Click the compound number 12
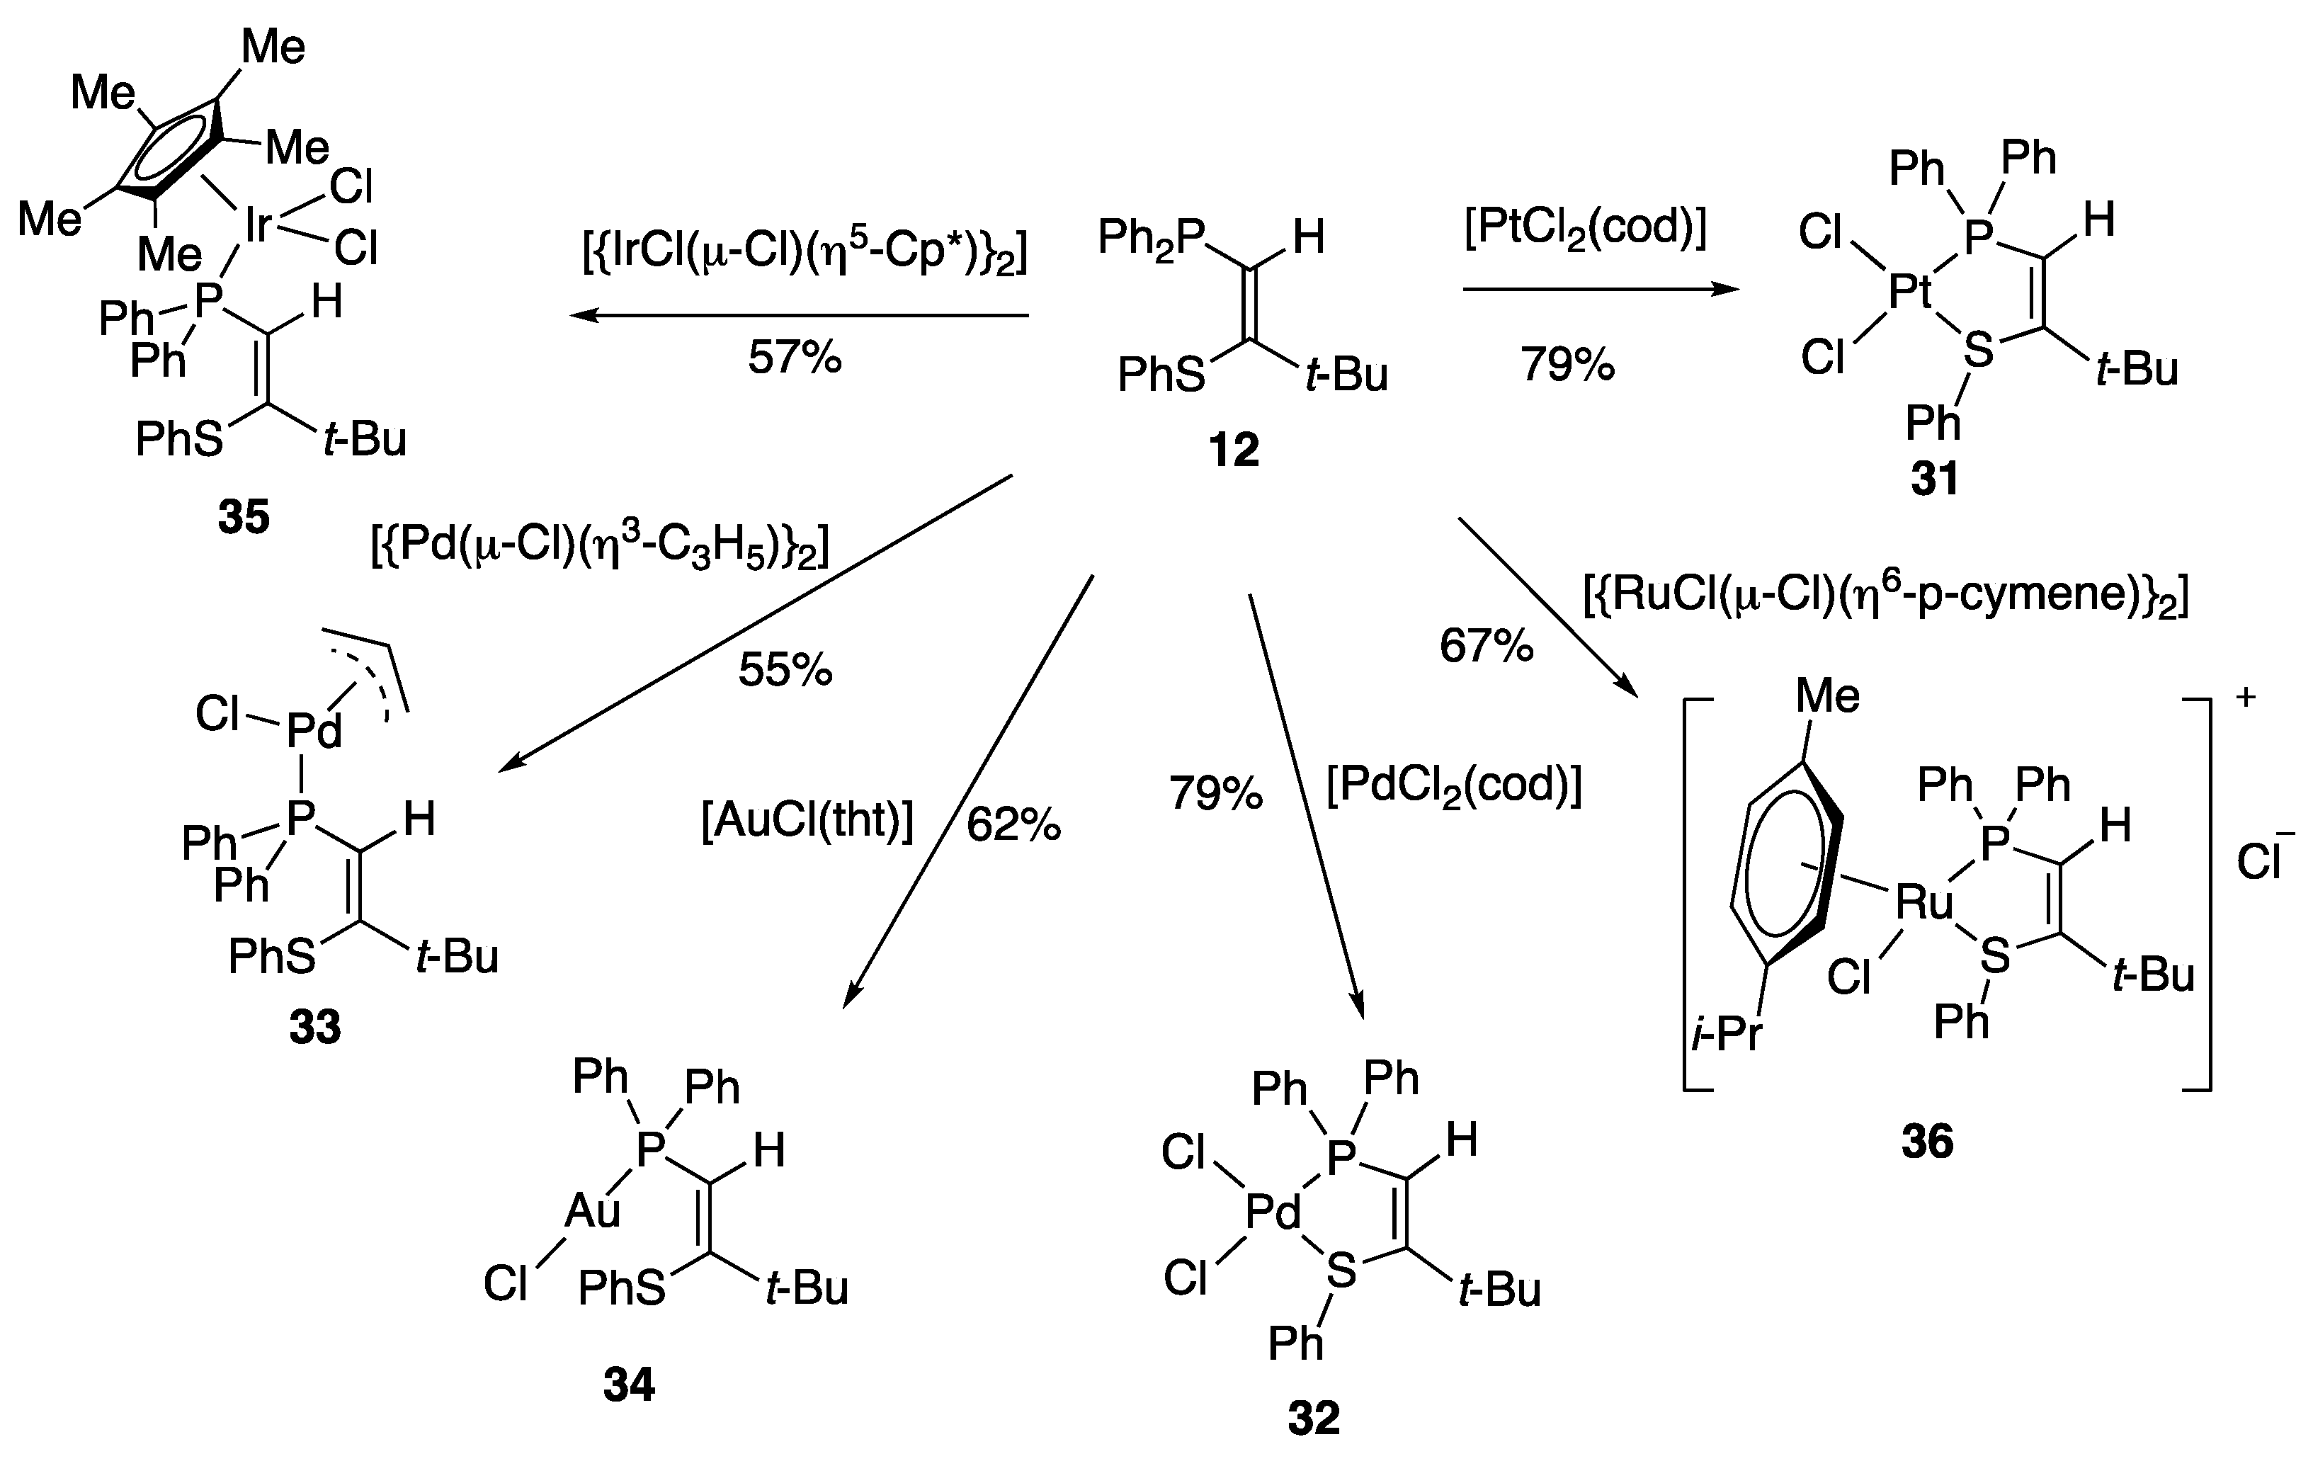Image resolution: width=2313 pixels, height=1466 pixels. (x=1234, y=450)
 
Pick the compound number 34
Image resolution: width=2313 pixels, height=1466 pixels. (x=629, y=1385)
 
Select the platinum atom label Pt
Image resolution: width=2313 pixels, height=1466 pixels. (x=1909, y=291)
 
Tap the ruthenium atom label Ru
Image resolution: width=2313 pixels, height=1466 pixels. (x=1924, y=902)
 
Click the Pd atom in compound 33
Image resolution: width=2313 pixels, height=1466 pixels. (x=314, y=731)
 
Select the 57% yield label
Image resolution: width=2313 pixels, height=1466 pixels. (x=795, y=358)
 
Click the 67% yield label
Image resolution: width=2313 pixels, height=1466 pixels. (x=1486, y=646)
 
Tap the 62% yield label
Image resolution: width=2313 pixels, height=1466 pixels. (x=1013, y=824)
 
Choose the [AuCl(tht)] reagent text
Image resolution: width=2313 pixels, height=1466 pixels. (x=807, y=822)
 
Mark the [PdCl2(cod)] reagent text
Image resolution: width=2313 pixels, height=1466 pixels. (x=1453, y=786)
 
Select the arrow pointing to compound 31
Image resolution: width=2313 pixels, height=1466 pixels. (x=1601, y=288)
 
